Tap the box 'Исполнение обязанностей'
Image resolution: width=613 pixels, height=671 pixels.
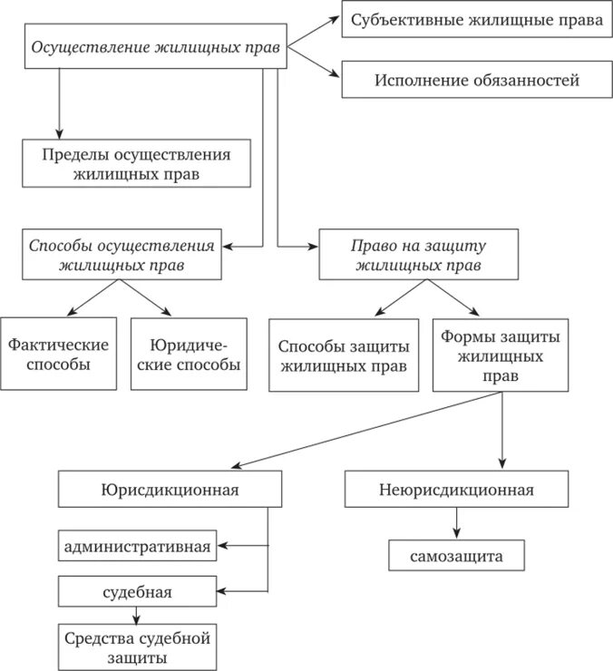click(x=474, y=80)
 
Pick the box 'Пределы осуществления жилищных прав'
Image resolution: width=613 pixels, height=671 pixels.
click(x=136, y=162)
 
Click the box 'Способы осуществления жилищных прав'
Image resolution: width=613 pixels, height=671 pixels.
click(x=122, y=254)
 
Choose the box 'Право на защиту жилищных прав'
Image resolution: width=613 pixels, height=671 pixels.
click(x=418, y=254)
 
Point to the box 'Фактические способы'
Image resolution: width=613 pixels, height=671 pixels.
click(x=58, y=354)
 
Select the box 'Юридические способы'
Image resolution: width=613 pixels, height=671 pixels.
click(x=189, y=354)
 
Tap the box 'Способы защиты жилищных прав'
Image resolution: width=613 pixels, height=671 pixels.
click(x=344, y=355)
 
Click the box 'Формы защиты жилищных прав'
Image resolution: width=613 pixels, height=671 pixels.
click(x=501, y=355)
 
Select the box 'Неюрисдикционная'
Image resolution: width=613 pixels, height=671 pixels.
click(x=456, y=490)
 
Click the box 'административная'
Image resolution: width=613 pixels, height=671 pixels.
click(x=138, y=546)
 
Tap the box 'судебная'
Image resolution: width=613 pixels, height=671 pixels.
click(x=138, y=593)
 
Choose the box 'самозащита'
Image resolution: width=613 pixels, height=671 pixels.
click(x=456, y=555)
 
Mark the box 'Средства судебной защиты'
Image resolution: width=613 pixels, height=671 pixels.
click(x=138, y=647)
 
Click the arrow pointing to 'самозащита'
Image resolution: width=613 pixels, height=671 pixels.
click(x=456, y=523)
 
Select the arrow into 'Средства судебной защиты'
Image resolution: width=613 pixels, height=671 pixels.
click(x=138, y=615)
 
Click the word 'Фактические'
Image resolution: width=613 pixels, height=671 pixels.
click(x=58, y=345)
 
